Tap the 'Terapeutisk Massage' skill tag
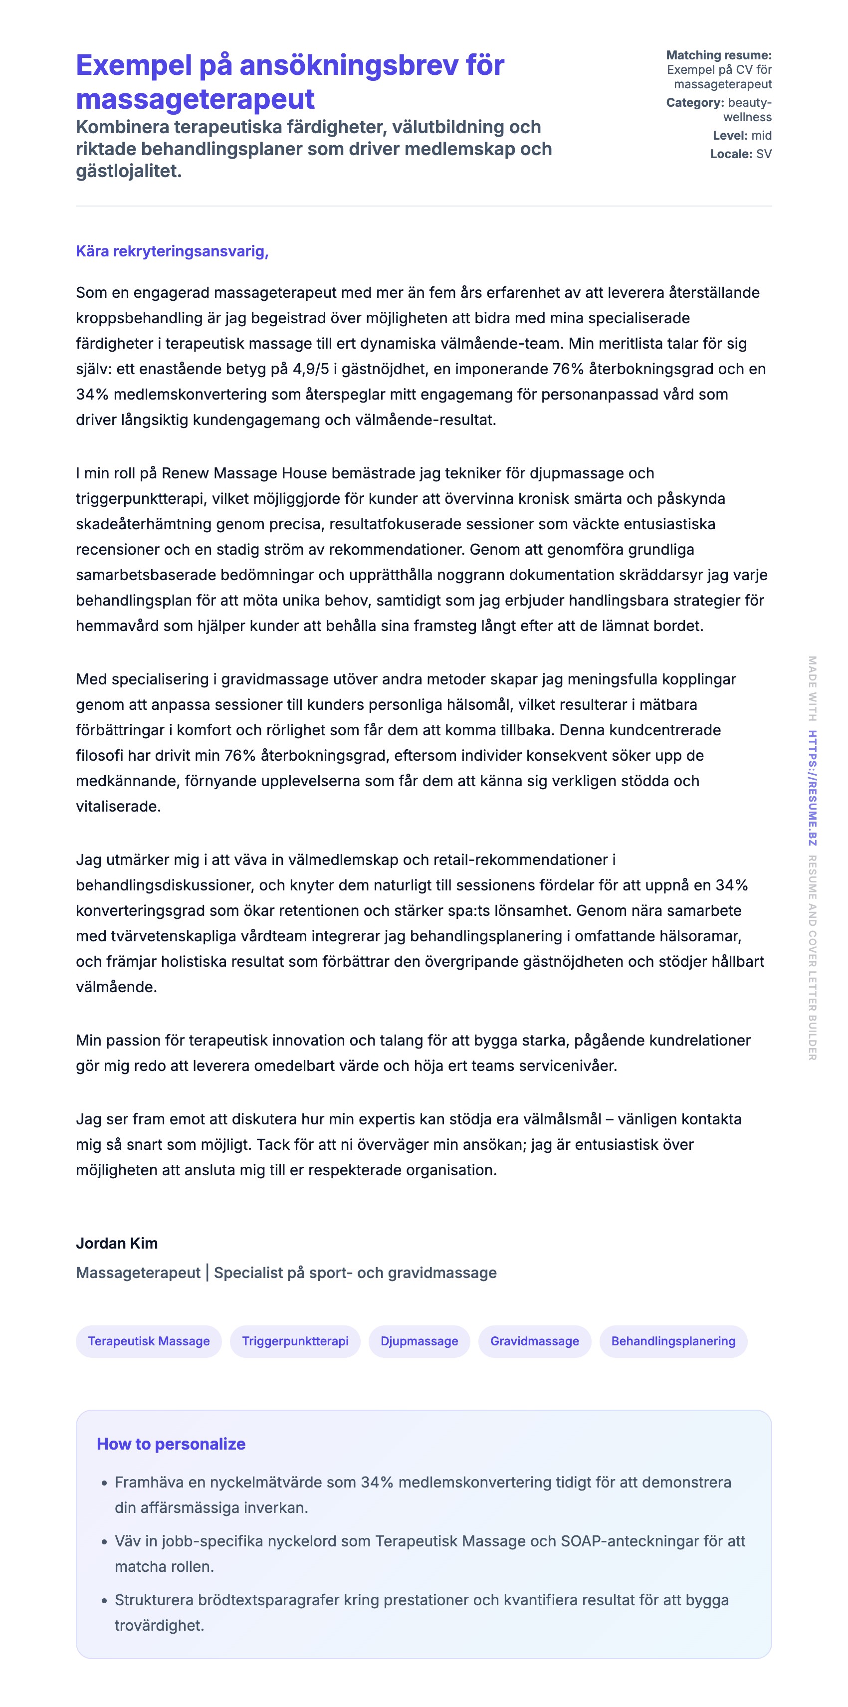149,1341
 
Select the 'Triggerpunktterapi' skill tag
295,1341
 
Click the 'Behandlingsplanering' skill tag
672,1341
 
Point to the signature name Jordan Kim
117,1243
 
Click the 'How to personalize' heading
171,1444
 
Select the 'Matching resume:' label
718,55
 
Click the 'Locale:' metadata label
731,154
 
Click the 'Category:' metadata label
695,103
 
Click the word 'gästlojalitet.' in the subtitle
129,171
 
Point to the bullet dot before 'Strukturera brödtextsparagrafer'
104,1600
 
